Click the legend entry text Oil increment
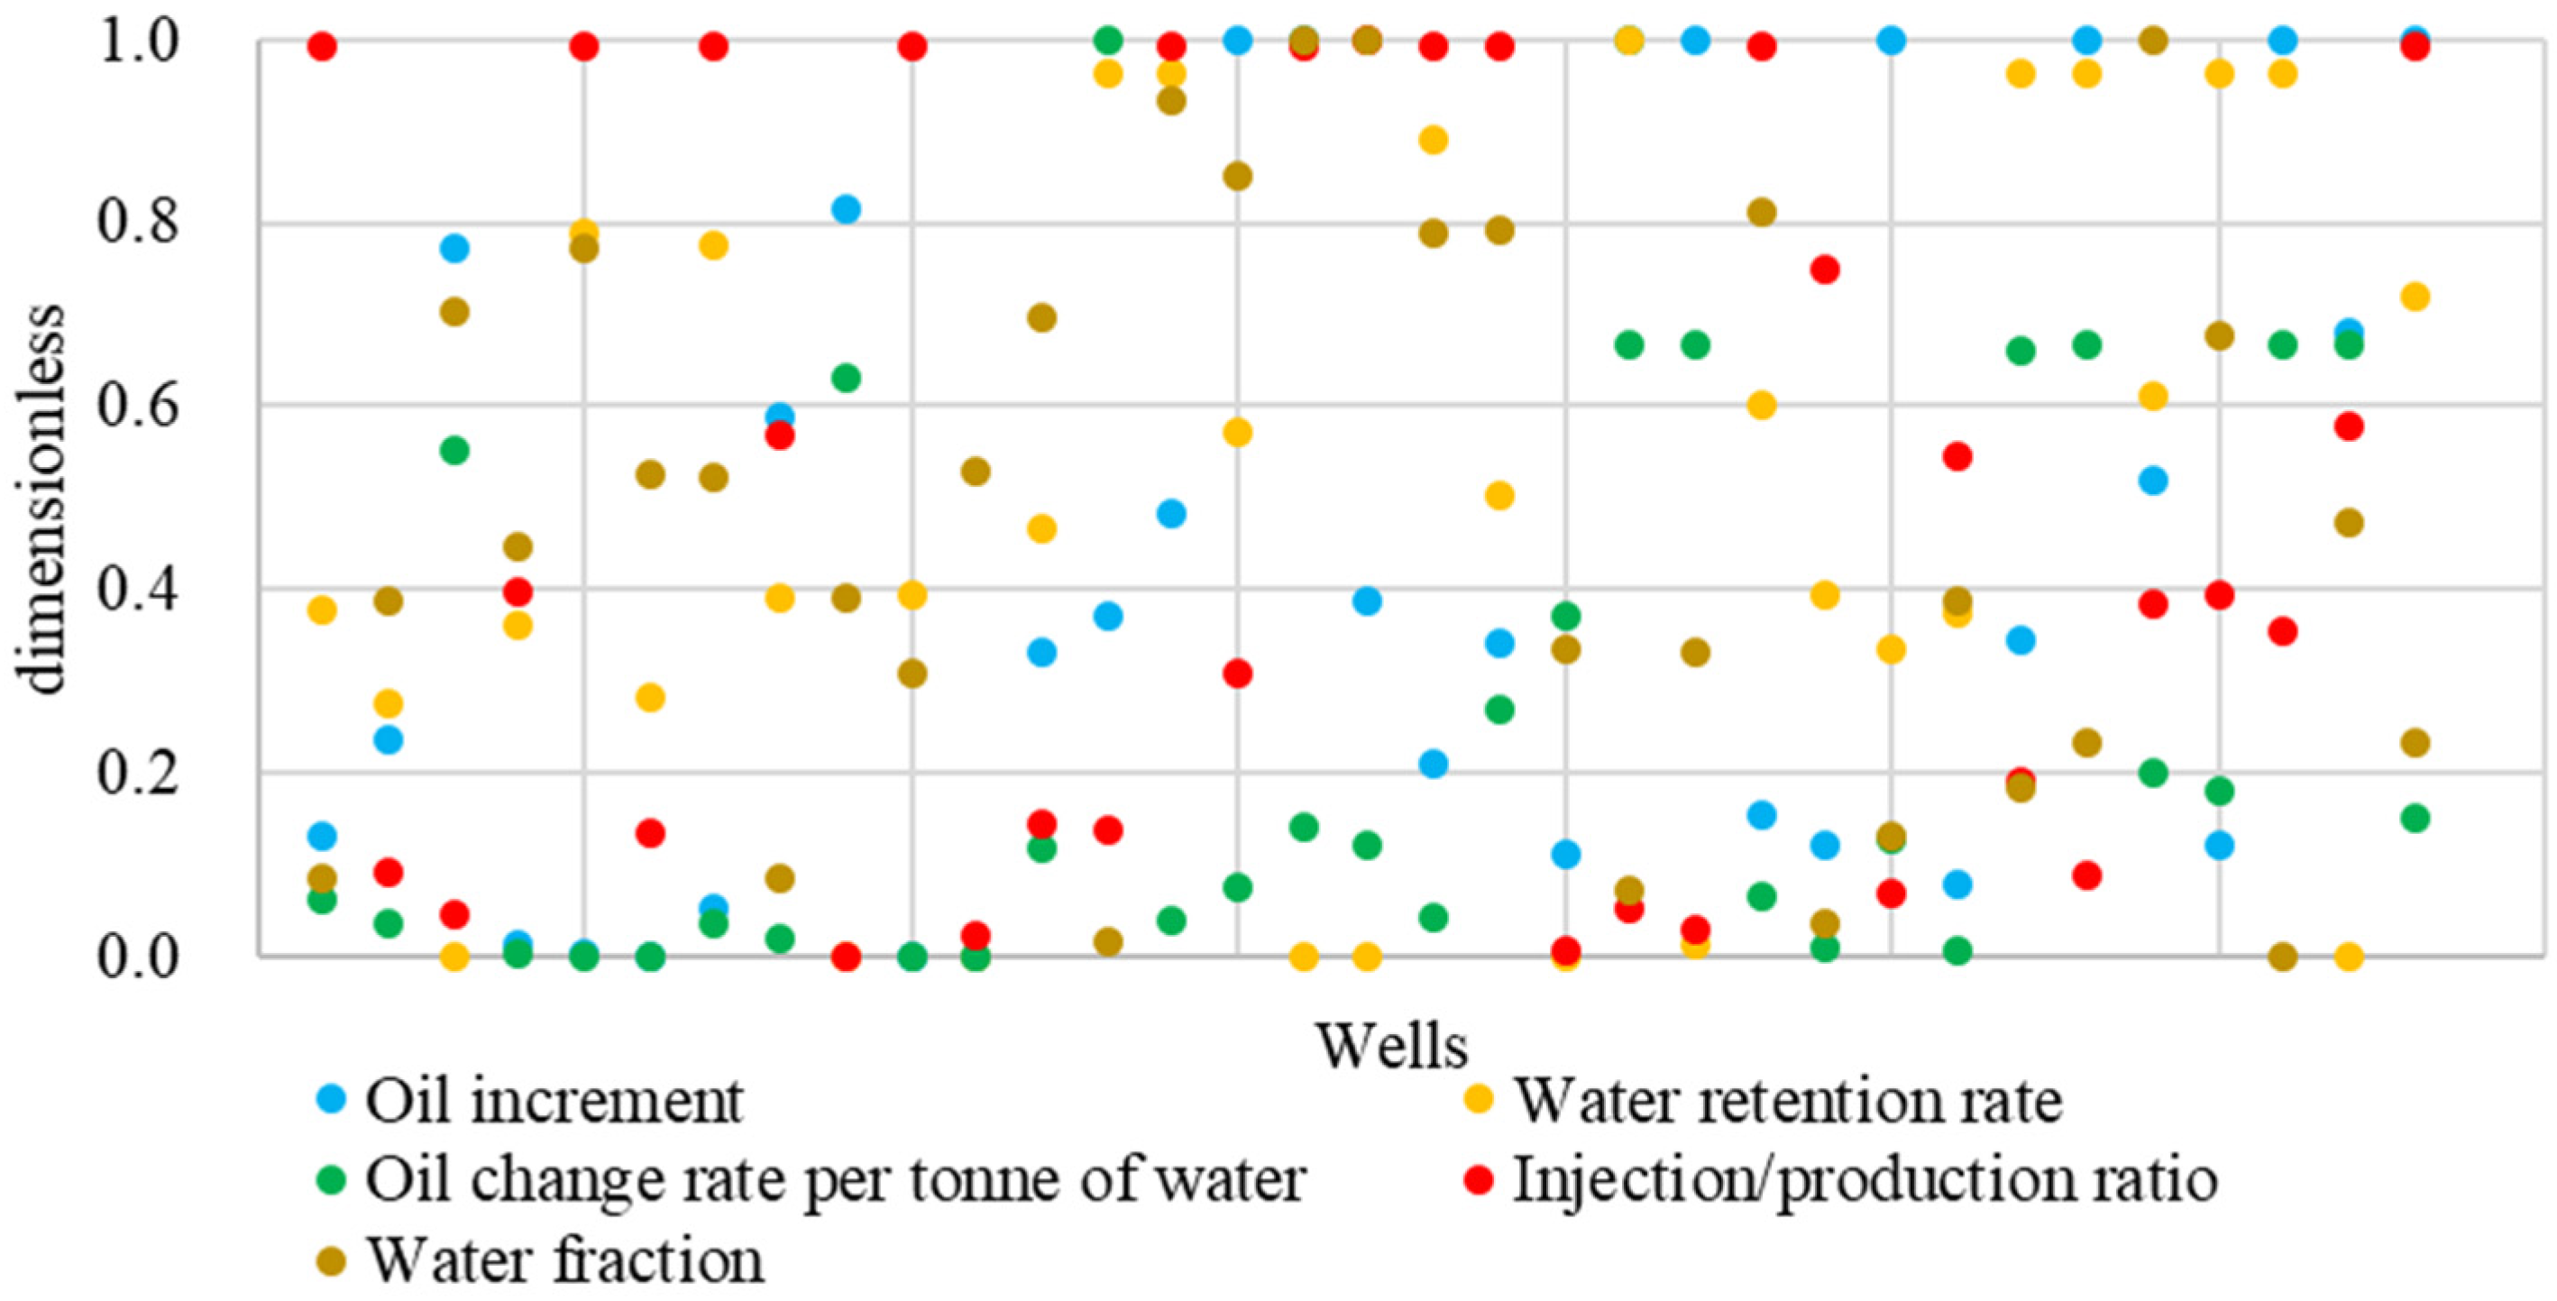554,1101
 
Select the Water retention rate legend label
1787,1101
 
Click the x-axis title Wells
1392,1046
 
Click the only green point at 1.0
1108,41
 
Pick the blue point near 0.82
846,209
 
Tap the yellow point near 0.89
1433,140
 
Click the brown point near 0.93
1171,100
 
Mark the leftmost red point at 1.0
322,46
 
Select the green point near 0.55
454,451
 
